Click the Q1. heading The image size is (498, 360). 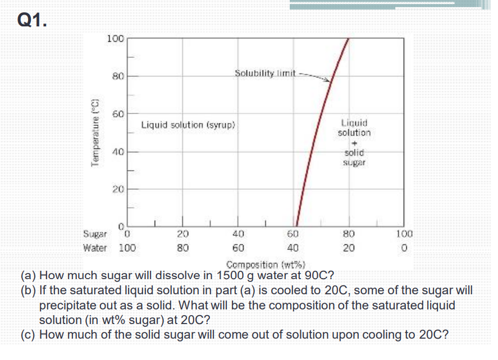pos(33,20)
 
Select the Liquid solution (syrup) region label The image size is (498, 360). pos(188,124)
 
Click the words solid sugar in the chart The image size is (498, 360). pos(354,157)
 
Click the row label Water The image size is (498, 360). pos(94,247)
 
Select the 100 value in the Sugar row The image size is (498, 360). pos(405,234)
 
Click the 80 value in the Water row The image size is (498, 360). pos(184,247)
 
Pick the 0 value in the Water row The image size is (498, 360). pos(405,247)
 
